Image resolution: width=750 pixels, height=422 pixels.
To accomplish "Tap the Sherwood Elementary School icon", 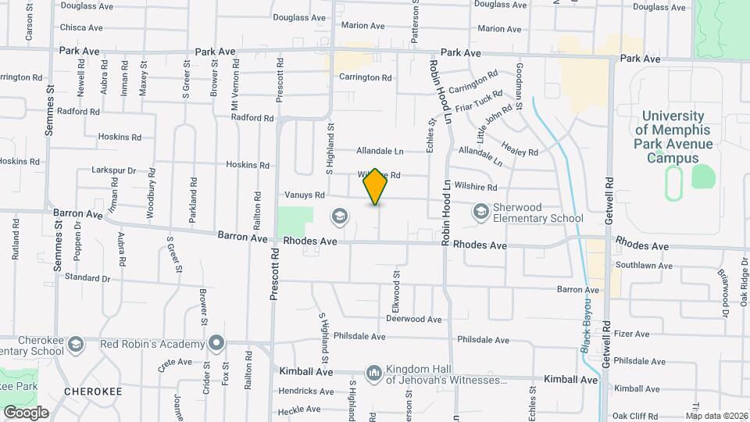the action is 480,212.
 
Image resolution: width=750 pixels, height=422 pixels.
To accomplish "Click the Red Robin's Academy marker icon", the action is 216,343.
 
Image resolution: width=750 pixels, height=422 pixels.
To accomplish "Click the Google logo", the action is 26,412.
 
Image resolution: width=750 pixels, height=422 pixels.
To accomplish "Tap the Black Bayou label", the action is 586,328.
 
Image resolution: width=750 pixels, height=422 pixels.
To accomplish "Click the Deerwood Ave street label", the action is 414,319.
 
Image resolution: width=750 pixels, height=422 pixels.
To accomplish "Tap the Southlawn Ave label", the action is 643,266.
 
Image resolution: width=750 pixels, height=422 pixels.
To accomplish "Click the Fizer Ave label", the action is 631,334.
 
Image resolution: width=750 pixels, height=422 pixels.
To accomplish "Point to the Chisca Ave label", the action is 81,27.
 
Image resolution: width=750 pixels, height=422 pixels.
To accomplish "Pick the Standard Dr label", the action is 87,277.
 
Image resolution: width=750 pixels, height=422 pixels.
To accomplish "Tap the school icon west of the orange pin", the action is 340,215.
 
